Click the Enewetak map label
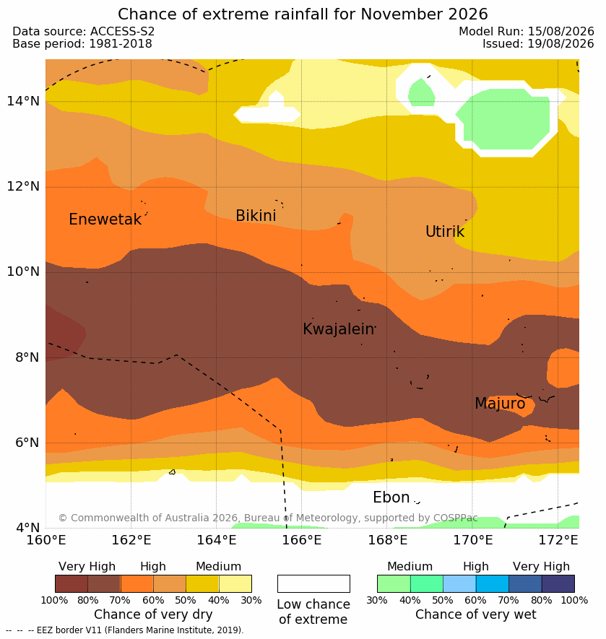point(105,219)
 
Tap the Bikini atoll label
point(256,216)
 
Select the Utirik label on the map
point(445,232)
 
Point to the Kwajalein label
point(338,329)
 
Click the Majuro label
point(500,404)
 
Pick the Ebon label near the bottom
point(391,497)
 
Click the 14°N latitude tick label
point(23,100)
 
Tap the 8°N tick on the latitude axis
point(27,357)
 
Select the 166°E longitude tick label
point(302,540)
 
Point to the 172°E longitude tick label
point(558,540)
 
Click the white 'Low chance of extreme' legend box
point(313,583)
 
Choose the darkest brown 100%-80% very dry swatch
point(72,583)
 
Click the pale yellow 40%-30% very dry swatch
point(235,583)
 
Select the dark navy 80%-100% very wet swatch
point(558,583)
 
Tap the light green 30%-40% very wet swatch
point(394,583)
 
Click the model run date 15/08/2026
point(560,31)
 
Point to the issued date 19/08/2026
point(560,43)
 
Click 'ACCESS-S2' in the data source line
point(122,31)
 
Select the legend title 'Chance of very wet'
point(475,614)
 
